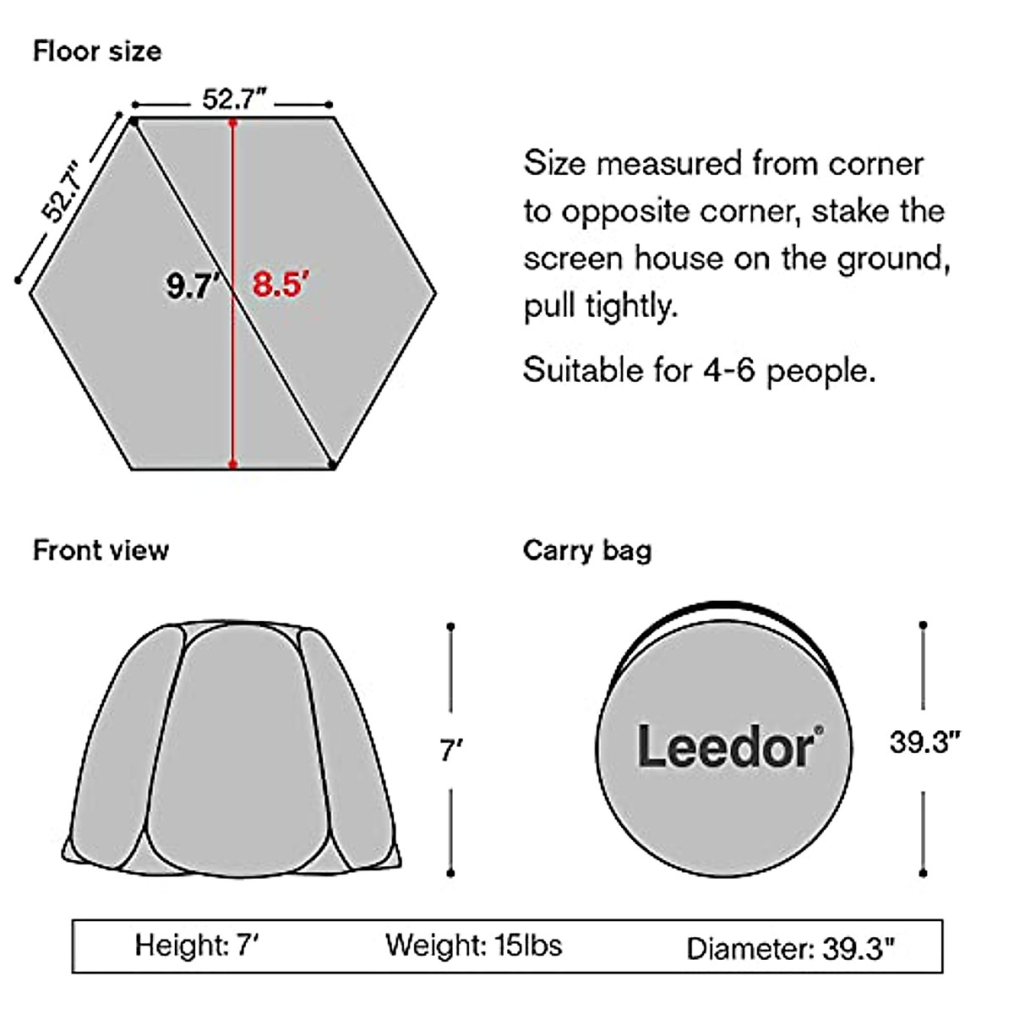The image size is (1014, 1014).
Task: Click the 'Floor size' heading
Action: (x=97, y=52)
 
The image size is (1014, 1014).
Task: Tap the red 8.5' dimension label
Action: (x=278, y=284)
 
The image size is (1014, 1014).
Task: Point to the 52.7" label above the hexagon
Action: (x=234, y=100)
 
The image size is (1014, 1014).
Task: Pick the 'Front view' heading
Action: (x=101, y=550)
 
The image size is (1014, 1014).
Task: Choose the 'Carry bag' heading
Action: (x=587, y=550)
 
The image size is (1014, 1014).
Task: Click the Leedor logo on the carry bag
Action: (x=726, y=747)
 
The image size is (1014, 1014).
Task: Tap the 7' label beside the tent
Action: (x=451, y=749)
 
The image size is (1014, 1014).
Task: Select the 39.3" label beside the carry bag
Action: (x=924, y=742)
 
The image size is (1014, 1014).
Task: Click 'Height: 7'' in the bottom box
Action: (x=196, y=945)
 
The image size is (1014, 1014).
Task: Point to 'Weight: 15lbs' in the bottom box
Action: (x=473, y=945)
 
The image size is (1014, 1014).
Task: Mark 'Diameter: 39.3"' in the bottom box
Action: (x=790, y=948)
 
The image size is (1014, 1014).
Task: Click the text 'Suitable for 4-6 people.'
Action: (x=699, y=369)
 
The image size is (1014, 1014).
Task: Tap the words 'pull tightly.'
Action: (x=601, y=306)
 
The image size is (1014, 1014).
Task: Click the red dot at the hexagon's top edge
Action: (x=232, y=123)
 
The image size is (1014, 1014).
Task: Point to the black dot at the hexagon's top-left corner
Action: (x=134, y=123)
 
